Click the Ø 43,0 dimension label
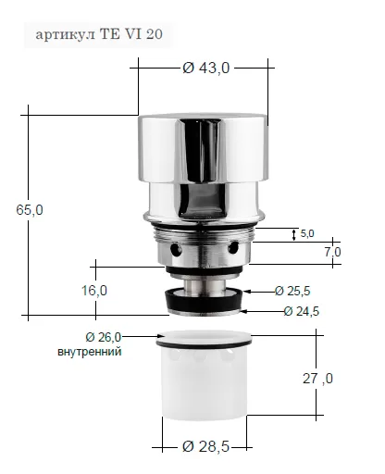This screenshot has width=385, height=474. click(x=206, y=68)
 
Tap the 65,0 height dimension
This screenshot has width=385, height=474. click(x=30, y=210)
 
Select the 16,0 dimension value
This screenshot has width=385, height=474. click(x=94, y=291)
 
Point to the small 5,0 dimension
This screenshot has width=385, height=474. click(x=307, y=233)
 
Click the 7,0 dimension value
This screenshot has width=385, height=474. click(x=332, y=252)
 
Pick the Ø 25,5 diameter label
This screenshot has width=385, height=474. click(x=292, y=291)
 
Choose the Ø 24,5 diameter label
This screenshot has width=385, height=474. click(x=302, y=311)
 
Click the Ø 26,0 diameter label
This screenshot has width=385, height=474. click(x=104, y=337)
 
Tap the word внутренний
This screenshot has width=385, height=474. click(x=90, y=352)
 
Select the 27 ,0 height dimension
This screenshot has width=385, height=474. click(x=317, y=379)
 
